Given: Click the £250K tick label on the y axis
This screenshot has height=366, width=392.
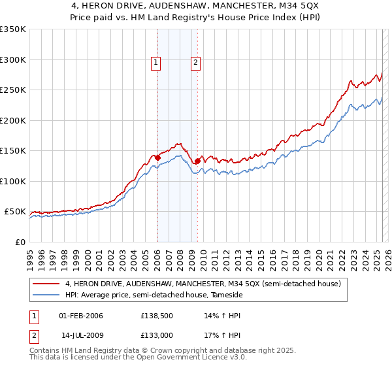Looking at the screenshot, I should click(x=13, y=90).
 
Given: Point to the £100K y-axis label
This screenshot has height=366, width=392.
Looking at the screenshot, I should click(x=13, y=181).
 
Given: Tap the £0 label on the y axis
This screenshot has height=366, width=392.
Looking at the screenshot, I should click(x=20, y=242).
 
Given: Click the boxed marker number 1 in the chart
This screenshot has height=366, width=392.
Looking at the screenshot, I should click(x=157, y=63).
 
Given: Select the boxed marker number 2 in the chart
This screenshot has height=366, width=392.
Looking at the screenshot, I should click(x=196, y=63).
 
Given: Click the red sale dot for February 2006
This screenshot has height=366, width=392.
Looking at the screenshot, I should click(x=157, y=158).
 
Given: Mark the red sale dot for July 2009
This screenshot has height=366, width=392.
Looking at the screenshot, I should click(x=197, y=161).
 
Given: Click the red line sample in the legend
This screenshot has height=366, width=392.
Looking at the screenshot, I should click(x=46, y=284).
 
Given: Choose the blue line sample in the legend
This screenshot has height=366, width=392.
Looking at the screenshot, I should click(x=46, y=295).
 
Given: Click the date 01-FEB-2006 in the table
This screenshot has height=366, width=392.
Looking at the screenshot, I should click(x=81, y=316).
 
